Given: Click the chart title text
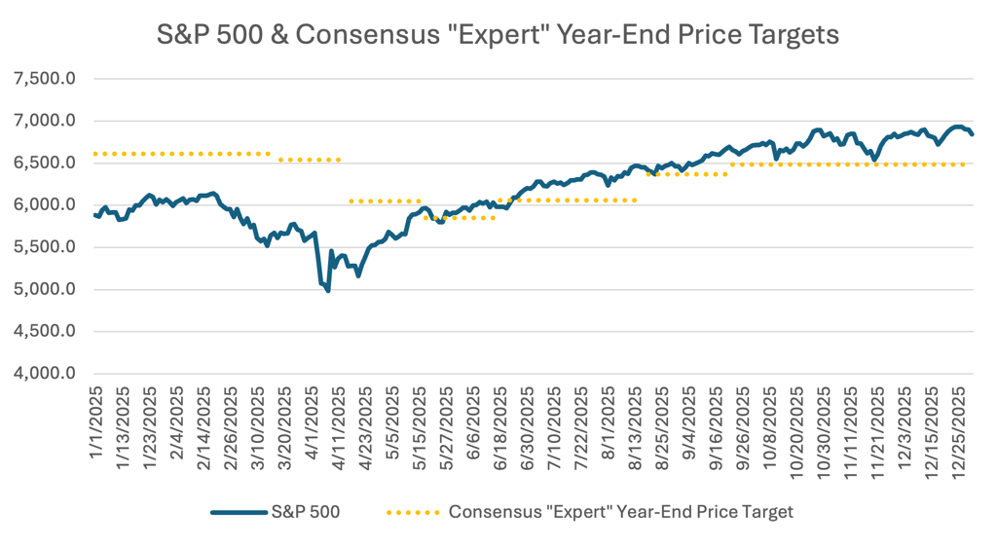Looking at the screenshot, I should point(498,35).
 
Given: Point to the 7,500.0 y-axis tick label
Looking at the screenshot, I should point(43,79).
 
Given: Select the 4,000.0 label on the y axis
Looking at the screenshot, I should point(43,374).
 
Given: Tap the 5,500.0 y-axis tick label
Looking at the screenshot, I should point(43,247).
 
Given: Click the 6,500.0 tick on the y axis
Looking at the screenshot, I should point(43,164).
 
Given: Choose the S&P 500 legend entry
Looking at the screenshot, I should point(305,511).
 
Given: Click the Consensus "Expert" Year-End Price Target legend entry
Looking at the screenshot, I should point(620,511).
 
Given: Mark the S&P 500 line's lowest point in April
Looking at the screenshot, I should point(328,290).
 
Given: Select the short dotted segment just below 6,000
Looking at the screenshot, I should point(461,218).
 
